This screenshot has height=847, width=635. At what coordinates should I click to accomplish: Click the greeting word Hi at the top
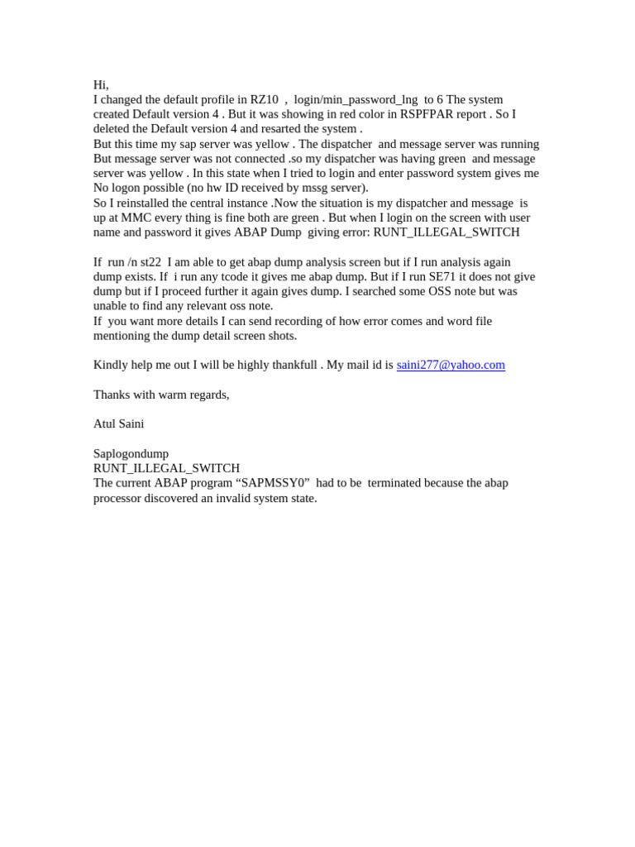99,85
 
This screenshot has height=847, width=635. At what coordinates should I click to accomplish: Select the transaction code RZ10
264,100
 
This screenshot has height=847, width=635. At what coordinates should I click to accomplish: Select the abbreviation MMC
136,218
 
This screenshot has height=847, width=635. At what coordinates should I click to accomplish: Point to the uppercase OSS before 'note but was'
441,292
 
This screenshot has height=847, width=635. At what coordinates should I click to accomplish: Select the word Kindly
111,366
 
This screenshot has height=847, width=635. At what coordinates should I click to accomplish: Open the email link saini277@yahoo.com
451,366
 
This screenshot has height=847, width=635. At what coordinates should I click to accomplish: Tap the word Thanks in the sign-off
112,395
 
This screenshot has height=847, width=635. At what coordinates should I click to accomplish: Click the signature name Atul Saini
118,424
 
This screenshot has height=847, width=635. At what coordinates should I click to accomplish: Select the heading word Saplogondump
131,454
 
